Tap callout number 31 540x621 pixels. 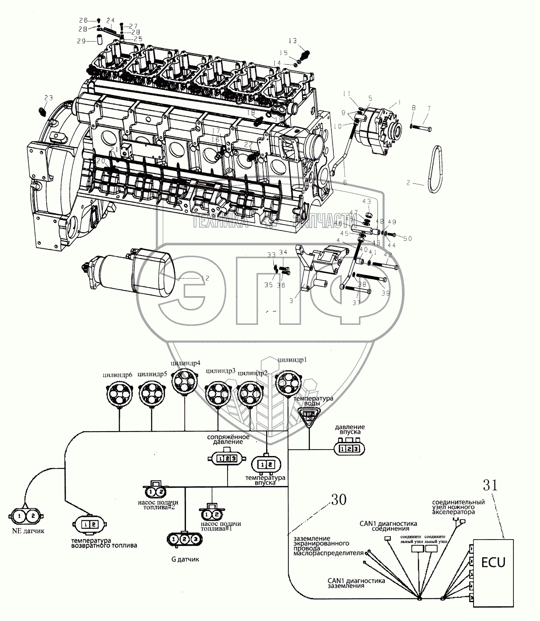click(490, 486)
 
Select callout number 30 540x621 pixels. click(338, 500)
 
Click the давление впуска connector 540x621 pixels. click(349, 449)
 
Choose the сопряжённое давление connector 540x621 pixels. click(226, 458)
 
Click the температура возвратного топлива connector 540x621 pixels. click(90, 524)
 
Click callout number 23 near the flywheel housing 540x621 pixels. click(48, 98)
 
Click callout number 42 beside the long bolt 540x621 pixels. click(388, 255)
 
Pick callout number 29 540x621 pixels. click(81, 41)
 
